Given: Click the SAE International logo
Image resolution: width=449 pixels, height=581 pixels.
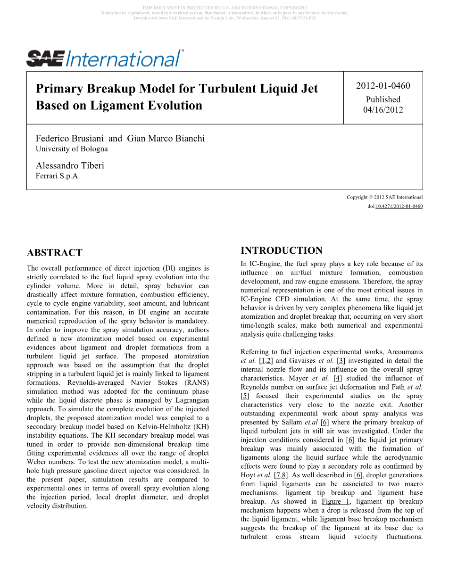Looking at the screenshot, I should (x=105, y=58).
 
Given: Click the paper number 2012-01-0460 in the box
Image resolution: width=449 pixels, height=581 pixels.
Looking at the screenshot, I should (x=383, y=86).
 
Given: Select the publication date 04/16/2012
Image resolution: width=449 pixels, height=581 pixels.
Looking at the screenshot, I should (x=383, y=109).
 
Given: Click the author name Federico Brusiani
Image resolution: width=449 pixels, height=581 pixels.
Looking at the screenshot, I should (x=70, y=139).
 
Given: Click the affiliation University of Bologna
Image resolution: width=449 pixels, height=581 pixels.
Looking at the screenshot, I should (x=72, y=149).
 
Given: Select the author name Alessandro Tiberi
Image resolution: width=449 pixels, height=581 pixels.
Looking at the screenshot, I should (x=70, y=166).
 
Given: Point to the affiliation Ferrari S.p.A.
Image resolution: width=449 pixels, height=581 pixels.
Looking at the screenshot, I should (x=58, y=176).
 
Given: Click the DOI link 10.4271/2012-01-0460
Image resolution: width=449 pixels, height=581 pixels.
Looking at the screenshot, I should (x=399, y=207).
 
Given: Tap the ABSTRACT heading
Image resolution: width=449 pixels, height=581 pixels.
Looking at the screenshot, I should (x=55, y=253).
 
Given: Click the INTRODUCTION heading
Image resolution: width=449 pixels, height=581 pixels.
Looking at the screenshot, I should (x=282, y=251).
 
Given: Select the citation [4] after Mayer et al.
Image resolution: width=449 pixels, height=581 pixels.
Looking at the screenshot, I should (x=337, y=378).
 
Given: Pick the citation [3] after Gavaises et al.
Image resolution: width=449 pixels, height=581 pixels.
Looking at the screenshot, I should (x=341, y=361).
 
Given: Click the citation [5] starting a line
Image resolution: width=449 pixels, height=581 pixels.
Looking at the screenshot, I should (x=245, y=396).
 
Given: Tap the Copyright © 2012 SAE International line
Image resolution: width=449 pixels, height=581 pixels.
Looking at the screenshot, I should (x=384, y=198).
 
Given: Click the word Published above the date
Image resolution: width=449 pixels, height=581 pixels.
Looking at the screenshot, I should (x=383, y=100).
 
